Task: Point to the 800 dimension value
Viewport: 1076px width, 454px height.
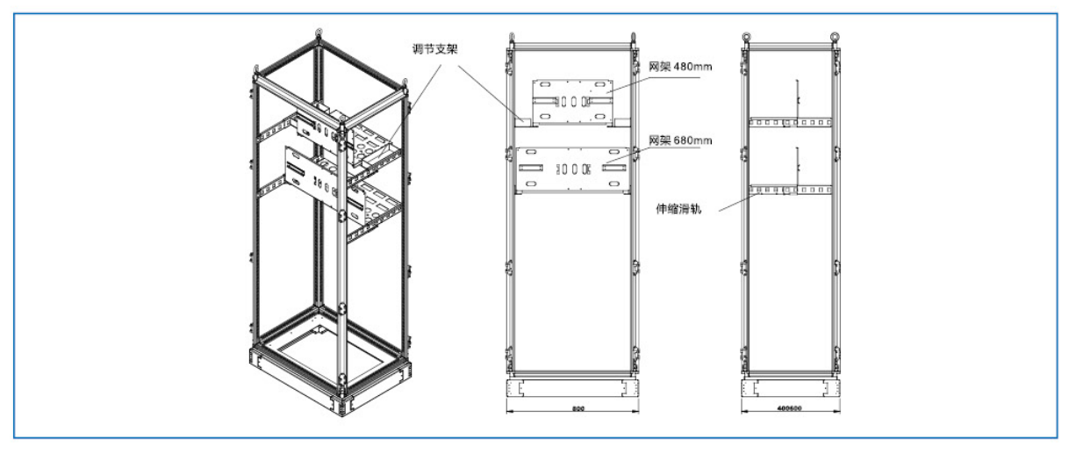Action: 573,409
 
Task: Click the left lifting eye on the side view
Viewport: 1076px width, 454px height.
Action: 746,37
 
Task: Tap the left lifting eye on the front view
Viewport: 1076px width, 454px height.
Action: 512,39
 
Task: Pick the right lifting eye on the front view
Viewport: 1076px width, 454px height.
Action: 631,39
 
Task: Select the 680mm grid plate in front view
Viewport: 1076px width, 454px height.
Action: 571,168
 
